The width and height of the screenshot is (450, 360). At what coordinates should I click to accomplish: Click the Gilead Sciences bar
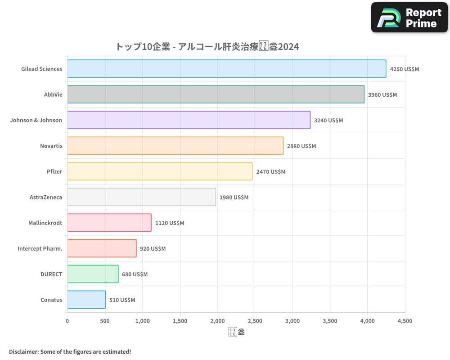[226, 69]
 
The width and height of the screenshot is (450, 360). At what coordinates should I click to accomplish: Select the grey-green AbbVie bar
[216, 94]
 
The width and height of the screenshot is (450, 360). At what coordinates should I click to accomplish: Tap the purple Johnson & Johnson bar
[189, 120]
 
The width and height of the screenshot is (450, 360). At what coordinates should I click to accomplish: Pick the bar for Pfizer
[160, 171]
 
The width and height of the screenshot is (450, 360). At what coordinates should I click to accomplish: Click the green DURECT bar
[93, 274]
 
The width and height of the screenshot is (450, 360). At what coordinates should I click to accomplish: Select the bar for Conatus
[86, 300]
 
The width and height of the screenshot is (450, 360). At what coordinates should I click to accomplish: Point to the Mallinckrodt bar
[109, 223]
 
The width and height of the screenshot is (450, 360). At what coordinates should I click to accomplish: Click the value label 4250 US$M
[404, 69]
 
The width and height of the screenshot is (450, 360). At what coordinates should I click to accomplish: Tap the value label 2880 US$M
[301, 146]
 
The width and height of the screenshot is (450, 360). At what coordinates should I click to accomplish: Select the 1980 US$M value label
[234, 198]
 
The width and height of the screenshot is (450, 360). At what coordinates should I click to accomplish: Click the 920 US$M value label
[153, 249]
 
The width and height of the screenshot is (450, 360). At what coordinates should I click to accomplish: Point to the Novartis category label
[51, 146]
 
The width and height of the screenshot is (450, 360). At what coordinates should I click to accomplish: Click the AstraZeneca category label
[46, 197]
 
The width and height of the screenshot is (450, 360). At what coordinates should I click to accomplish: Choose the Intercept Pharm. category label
[40, 248]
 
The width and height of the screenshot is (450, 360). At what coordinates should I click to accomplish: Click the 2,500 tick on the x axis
[255, 321]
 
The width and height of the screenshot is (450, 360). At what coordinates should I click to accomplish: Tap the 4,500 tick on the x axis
[405, 321]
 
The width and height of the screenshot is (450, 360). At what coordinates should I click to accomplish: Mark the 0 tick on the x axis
[67, 321]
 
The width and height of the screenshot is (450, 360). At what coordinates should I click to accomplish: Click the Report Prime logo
[409, 18]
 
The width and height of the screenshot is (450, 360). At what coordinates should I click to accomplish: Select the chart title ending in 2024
[207, 47]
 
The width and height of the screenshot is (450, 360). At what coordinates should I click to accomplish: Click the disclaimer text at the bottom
[70, 351]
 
